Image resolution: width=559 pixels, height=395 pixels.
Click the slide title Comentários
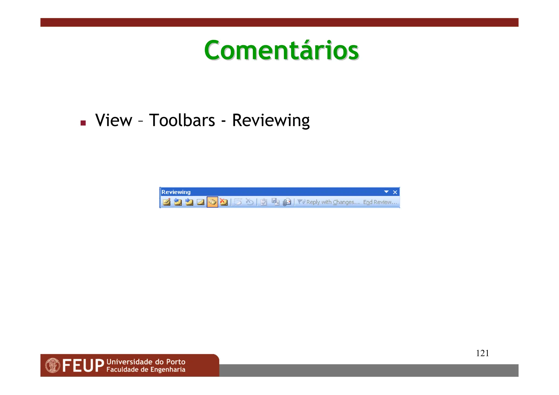(x=281, y=50)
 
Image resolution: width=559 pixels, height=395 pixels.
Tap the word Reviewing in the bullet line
(x=270, y=121)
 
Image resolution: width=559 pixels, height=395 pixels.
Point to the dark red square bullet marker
(x=83, y=123)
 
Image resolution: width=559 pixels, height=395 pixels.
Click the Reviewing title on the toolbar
(x=176, y=192)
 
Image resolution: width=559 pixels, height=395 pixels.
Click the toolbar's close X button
(x=395, y=192)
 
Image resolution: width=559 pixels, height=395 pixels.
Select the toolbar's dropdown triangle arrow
(x=386, y=192)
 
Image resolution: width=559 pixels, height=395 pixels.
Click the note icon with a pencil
(x=166, y=202)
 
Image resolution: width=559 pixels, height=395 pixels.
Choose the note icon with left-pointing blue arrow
(x=178, y=202)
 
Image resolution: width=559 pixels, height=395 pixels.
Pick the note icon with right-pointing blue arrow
(x=189, y=202)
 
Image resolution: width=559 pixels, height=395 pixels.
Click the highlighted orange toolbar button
(x=212, y=202)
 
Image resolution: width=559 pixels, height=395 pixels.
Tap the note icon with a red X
(x=224, y=202)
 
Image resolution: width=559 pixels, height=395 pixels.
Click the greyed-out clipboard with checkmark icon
(x=264, y=202)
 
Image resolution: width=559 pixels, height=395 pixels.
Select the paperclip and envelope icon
(x=287, y=202)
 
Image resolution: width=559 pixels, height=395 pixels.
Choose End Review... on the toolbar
(x=380, y=202)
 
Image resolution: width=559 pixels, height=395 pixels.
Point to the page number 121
(x=482, y=353)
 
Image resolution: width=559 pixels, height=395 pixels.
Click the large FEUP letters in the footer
(x=83, y=366)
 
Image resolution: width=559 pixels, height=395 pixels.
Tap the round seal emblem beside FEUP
(x=52, y=366)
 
